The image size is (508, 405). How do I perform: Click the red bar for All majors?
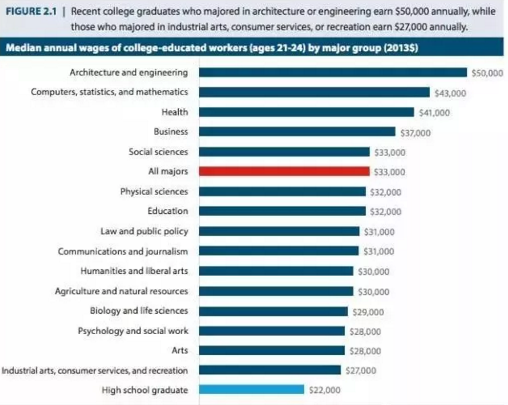click(283, 171)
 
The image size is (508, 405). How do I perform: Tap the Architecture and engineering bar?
click(333, 72)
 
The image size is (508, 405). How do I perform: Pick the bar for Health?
click(306, 112)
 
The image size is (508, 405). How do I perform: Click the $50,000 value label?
click(487, 73)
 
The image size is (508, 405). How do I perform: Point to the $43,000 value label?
click(450, 92)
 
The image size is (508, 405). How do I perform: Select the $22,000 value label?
click(324, 390)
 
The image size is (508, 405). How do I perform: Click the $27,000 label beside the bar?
click(360, 371)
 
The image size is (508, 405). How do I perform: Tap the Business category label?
click(171, 132)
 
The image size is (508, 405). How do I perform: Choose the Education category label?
click(168, 211)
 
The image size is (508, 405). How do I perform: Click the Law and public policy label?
click(144, 231)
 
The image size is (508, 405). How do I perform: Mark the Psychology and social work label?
click(133, 331)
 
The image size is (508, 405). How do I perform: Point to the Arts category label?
click(180, 350)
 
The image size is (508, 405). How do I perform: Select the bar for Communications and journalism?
click(279, 251)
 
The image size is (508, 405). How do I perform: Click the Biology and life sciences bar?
click(273, 311)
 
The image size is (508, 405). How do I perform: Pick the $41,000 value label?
click(434, 113)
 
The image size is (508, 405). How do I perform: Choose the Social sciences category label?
click(159, 152)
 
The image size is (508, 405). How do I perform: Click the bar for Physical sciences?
click(282, 192)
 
